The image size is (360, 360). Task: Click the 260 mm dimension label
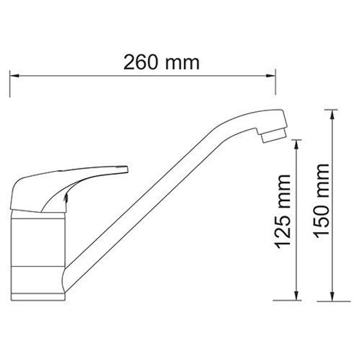[161, 62]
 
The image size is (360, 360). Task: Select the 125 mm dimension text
[283, 212]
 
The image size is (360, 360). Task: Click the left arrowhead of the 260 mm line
[14, 76]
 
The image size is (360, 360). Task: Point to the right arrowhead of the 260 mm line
[271, 76]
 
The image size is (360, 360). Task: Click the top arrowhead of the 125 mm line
[296, 145]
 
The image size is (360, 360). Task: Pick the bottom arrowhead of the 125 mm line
[296, 296]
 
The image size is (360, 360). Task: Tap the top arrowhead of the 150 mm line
[332, 114]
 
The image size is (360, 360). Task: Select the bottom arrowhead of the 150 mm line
[332, 296]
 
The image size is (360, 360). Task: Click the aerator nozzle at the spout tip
[274, 136]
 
